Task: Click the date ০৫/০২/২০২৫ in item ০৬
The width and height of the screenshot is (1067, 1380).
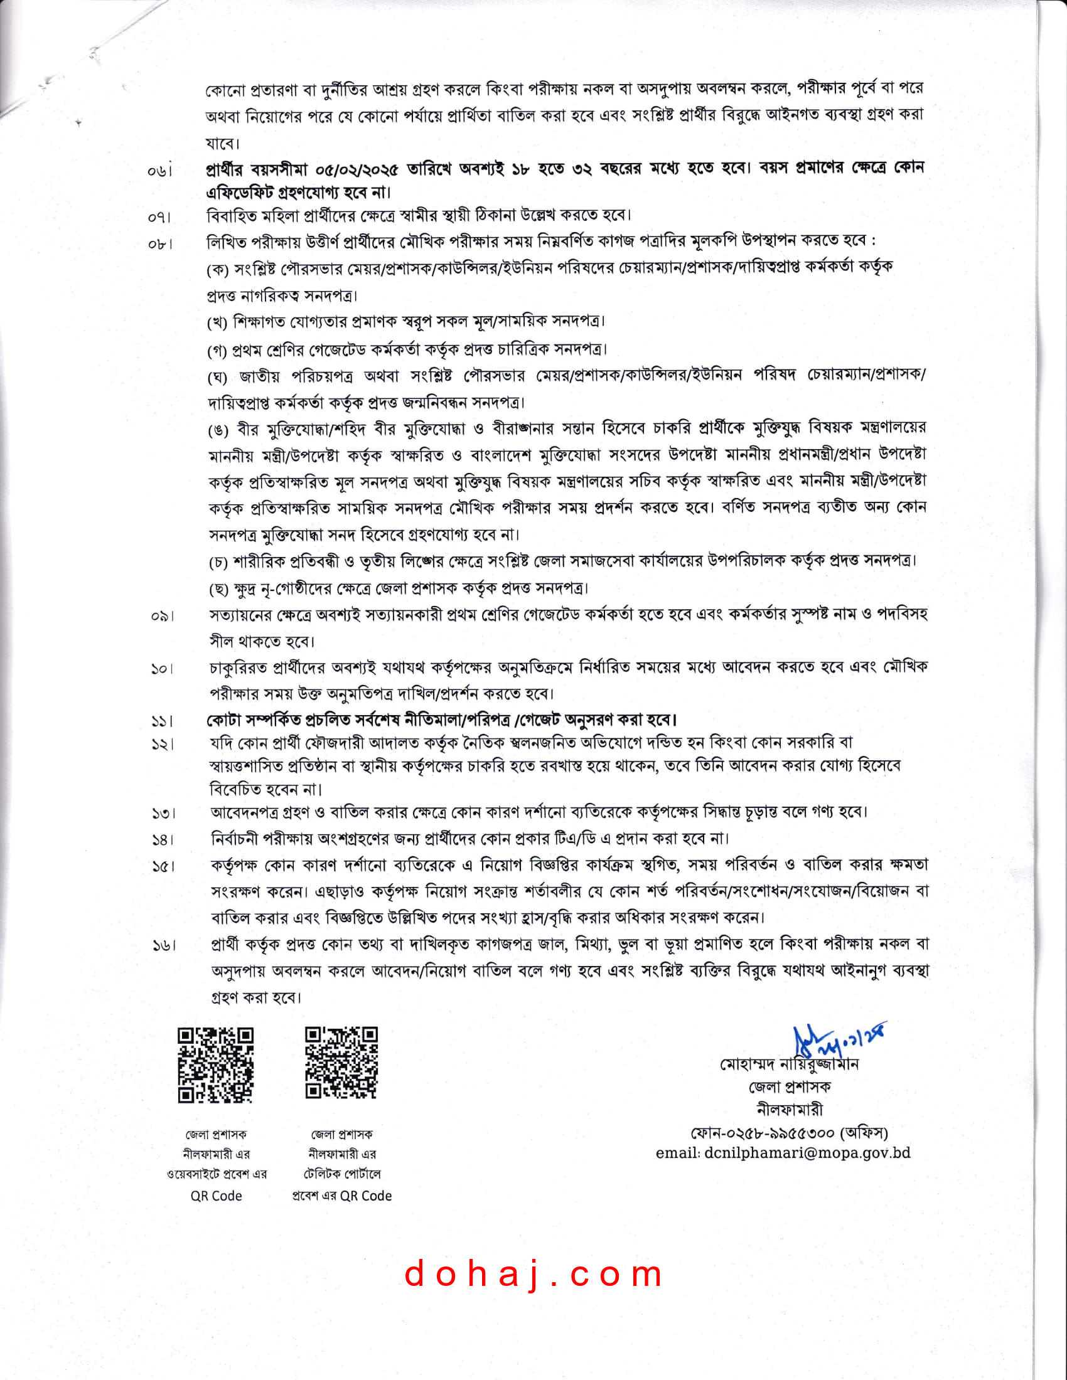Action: [357, 169]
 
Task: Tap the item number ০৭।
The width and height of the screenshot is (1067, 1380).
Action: [160, 218]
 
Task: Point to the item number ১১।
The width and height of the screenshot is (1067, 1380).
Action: [163, 721]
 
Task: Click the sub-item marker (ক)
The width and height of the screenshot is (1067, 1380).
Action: [218, 270]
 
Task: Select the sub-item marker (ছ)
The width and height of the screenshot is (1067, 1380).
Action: [218, 590]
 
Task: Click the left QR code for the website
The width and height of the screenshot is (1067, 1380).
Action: [215, 1065]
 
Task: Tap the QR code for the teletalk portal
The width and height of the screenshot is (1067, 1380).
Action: [341, 1063]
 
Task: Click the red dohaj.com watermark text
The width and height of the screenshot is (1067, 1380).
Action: [533, 1275]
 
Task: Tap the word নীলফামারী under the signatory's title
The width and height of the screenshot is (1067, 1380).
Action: [790, 1110]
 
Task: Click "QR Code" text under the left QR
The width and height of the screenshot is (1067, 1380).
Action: [216, 1196]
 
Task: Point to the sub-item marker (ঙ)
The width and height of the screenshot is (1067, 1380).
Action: [218, 431]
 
